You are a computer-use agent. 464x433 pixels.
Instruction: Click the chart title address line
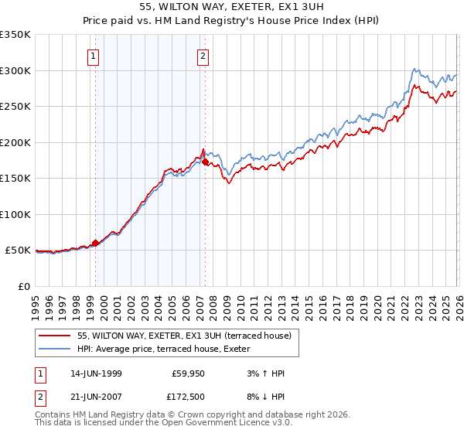231,7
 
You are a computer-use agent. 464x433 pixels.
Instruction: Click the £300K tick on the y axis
15,70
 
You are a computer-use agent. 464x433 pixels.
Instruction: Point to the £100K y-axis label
15,214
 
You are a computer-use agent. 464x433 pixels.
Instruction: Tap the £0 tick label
23,286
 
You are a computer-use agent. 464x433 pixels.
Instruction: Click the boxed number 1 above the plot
93,56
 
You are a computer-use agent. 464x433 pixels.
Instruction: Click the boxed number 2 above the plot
203,56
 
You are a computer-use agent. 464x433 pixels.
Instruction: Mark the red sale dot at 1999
96,243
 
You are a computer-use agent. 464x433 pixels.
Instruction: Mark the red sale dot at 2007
205,162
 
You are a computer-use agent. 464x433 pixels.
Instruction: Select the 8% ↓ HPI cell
264,396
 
